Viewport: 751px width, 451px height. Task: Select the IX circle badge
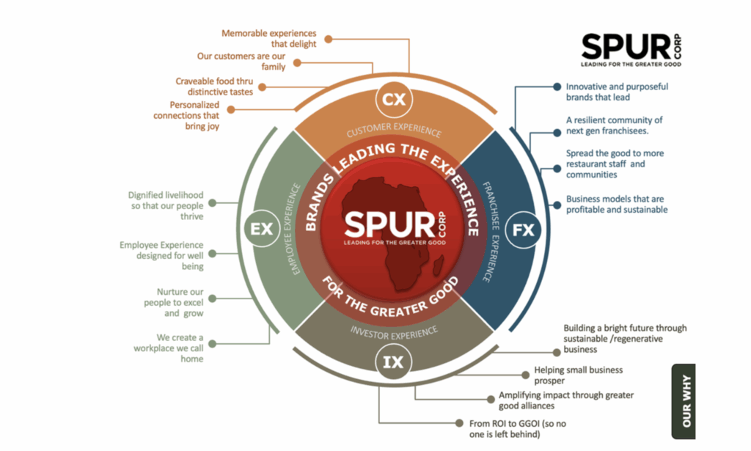click(x=394, y=362)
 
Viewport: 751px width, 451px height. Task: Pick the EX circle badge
click(x=262, y=230)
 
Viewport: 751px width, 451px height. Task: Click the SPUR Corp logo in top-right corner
click(x=631, y=48)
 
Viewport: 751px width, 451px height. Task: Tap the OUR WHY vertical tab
click(x=684, y=401)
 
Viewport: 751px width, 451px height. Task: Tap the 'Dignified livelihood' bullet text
click(x=166, y=206)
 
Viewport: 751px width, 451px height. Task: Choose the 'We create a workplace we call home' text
click(x=169, y=348)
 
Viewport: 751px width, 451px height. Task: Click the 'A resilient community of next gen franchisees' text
click(x=615, y=125)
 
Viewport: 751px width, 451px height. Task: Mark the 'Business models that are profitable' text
click(x=617, y=204)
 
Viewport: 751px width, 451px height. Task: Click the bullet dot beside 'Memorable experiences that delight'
click(x=329, y=38)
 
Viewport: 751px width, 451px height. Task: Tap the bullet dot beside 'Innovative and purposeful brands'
click(x=557, y=87)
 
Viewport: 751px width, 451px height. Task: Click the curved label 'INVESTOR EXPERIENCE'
click(x=394, y=331)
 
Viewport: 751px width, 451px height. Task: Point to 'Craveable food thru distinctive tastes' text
click(x=214, y=87)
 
